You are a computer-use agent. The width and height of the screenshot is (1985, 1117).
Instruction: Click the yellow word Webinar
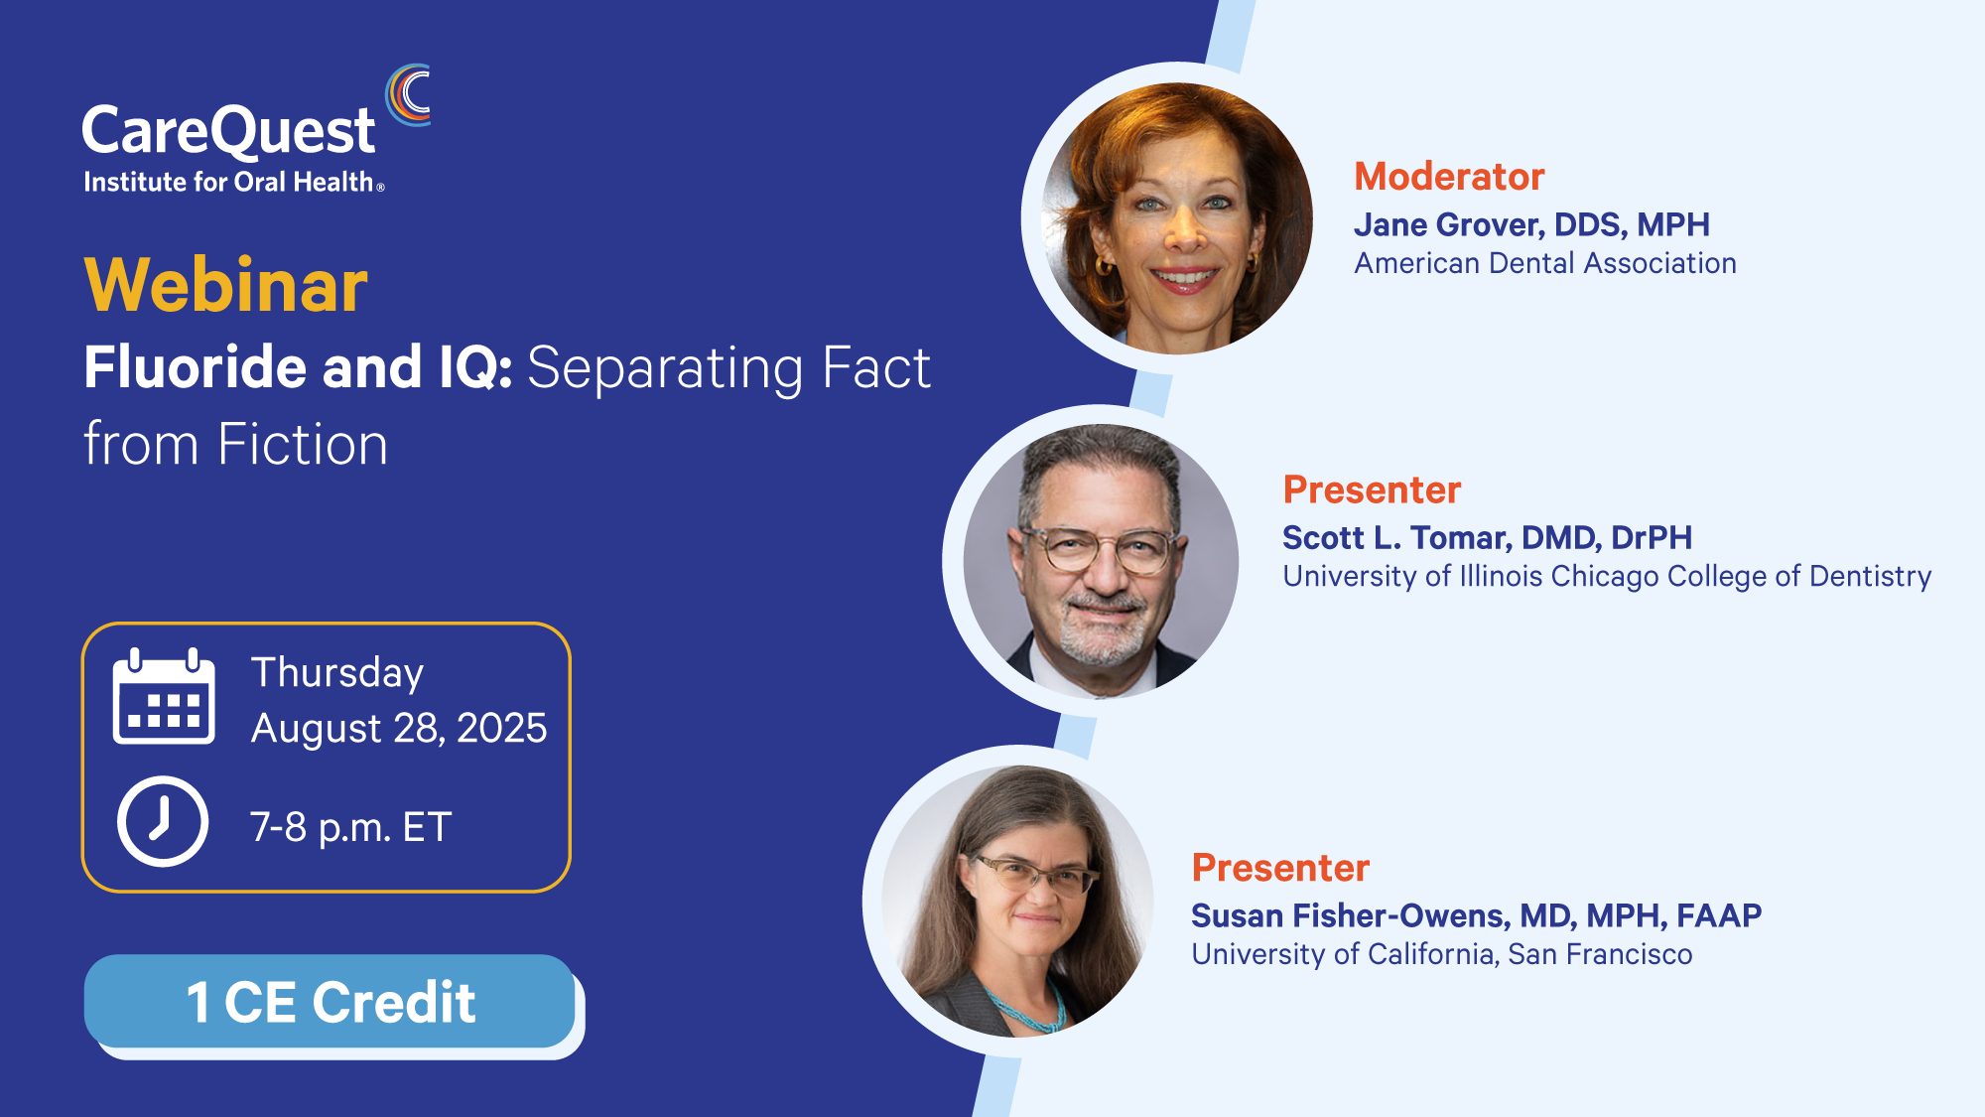[226, 286]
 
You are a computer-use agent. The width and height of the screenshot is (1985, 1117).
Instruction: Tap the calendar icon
[164, 696]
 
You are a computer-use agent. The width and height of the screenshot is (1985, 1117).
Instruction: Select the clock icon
[163, 822]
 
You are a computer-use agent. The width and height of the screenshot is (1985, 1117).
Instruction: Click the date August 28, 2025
[399, 729]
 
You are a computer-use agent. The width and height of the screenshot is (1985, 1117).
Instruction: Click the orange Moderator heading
[1450, 177]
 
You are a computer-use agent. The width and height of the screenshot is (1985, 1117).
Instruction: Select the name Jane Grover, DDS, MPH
[1532, 225]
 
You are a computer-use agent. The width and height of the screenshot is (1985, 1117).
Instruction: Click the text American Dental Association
[1545, 263]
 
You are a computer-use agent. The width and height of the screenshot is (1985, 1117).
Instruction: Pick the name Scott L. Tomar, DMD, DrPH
[1488, 538]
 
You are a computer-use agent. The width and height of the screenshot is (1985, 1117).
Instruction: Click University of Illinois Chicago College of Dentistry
[1607, 577]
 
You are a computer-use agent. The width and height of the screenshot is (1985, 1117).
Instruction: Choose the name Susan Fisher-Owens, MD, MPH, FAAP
[1477, 915]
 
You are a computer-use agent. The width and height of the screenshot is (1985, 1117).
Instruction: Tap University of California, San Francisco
[1442, 954]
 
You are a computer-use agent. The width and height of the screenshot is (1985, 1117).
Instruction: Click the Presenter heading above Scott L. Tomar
[1372, 490]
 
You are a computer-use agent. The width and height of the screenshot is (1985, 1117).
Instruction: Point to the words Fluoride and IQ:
[298, 367]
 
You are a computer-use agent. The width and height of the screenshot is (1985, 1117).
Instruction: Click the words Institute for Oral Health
[229, 183]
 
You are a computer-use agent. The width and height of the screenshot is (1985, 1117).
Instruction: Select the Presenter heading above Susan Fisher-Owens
[1280, 868]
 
